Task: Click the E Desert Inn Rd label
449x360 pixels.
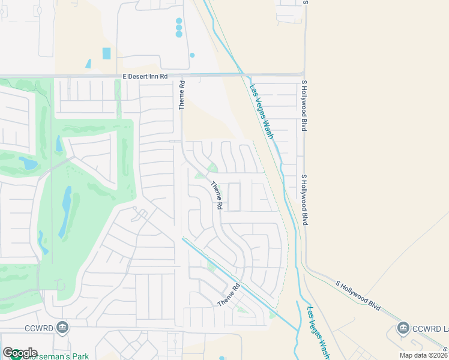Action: point(145,76)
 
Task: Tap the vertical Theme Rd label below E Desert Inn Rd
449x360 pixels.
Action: point(181,95)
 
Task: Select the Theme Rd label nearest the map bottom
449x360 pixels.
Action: point(229,295)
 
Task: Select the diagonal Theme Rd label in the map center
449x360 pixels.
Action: point(216,196)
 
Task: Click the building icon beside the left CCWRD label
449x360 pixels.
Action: point(62,328)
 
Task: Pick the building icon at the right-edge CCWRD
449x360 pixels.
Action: point(403,328)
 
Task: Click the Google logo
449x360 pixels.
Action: point(20,353)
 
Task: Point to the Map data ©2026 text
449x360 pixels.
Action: point(423,355)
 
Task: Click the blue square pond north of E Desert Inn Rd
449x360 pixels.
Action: point(106,53)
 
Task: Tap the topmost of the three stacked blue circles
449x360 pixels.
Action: point(179,21)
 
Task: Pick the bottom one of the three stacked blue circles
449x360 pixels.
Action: point(179,34)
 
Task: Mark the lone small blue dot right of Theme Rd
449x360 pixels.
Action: point(192,55)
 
